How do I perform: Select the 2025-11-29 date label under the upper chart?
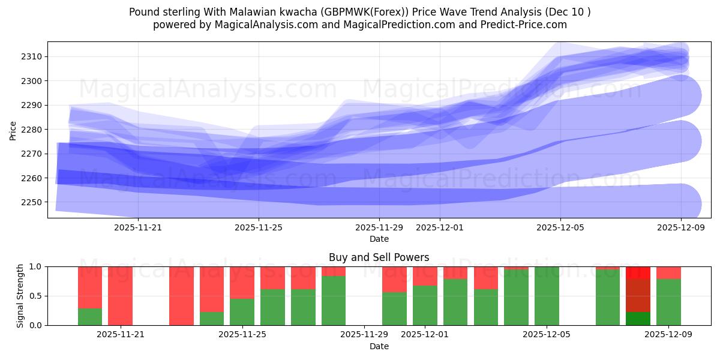coord(379,227)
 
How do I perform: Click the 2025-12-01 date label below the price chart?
coord(439,227)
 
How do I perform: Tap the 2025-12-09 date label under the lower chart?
coord(668,335)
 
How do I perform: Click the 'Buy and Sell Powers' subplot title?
coord(379,257)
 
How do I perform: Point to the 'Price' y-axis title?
coord(13,130)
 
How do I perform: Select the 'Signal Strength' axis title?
coord(20,296)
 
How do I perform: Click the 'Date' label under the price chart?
coord(379,239)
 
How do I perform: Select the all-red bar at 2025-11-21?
coord(120,296)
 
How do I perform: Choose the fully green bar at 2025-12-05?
coord(547,296)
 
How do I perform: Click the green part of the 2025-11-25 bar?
coord(242,312)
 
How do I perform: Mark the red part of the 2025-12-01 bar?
coord(425,276)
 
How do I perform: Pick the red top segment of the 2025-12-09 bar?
coord(668,272)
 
